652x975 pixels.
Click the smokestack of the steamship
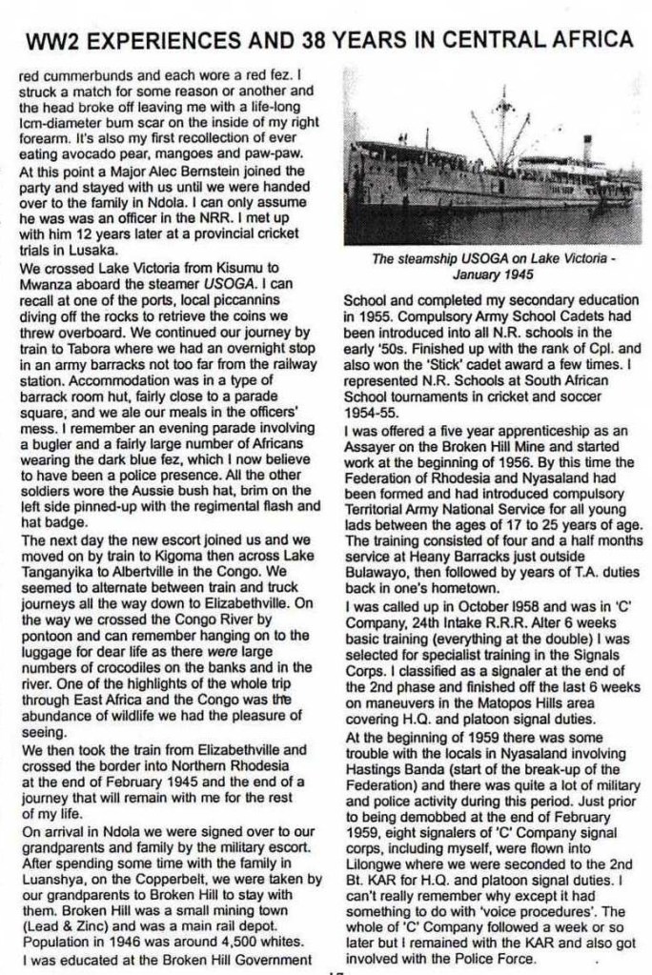tap(587, 147)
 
